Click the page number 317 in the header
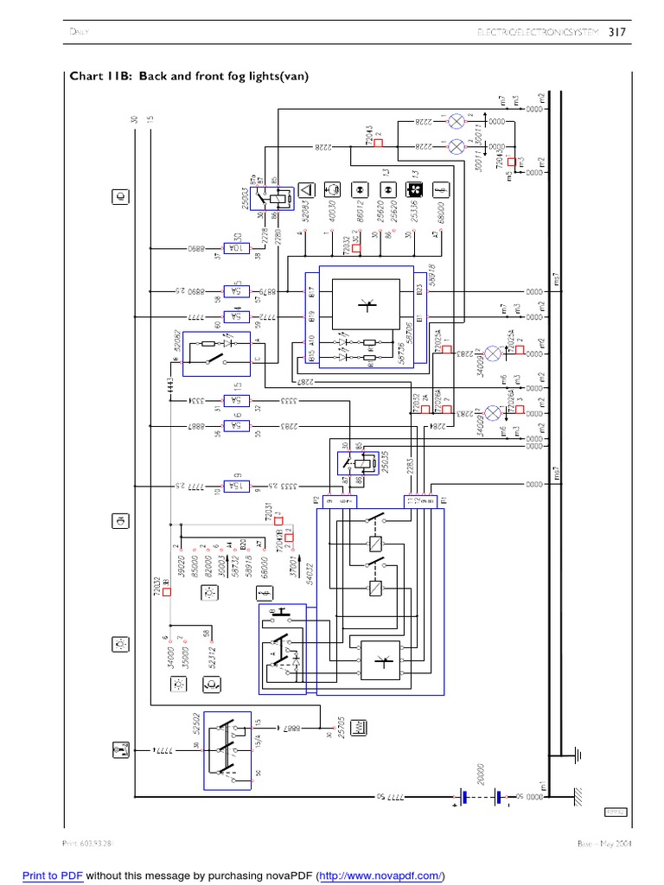pyautogui.click(x=616, y=33)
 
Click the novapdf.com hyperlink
pyautogui.click(x=380, y=876)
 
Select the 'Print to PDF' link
pyautogui.click(x=52, y=876)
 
